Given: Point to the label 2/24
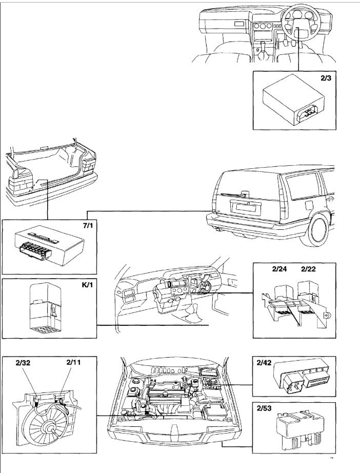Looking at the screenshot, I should coord(278,269).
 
